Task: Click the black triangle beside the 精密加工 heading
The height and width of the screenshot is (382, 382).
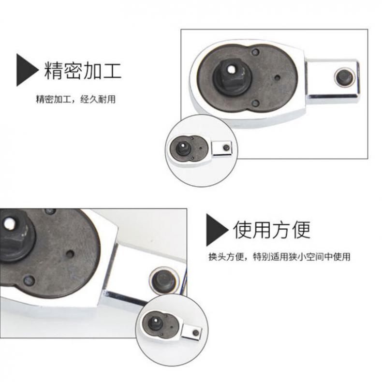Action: [x=26, y=70]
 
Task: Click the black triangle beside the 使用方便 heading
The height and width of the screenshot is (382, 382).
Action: [x=216, y=230]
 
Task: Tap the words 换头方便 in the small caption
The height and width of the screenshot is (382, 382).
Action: [x=226, y=257]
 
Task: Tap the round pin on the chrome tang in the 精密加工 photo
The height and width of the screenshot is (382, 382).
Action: [x=344, y=77]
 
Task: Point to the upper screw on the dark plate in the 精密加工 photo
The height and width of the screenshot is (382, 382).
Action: [x=256, y=52]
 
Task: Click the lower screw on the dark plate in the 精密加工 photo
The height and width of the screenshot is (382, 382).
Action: [x=255, y=103]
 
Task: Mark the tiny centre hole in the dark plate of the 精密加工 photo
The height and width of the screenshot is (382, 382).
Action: [x=277, y=78]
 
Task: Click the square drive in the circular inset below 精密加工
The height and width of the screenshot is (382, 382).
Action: [x=183, y=147]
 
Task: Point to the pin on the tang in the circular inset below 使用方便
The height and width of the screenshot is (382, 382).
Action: [x=196, y=333]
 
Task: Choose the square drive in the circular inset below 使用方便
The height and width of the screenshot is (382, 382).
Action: [x=156, y=323]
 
